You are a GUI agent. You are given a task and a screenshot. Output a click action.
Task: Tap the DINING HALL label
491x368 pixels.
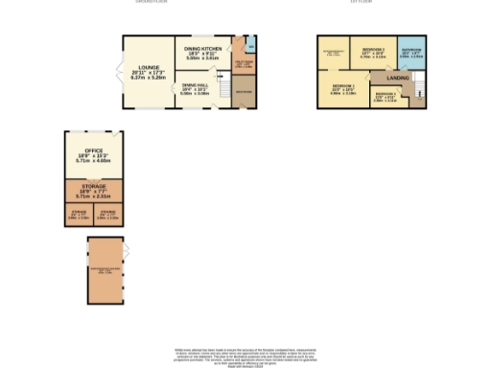[x=196, y=85]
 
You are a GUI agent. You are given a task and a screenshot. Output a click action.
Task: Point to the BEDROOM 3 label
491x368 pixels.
[x=385, y=93]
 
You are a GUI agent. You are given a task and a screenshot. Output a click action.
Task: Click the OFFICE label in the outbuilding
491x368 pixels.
[x=94, y=150]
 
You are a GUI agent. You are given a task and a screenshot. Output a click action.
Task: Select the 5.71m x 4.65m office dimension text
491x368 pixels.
[x=94, y=162]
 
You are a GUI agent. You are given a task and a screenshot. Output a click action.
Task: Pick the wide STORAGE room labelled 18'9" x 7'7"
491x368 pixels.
[x=94, y=189]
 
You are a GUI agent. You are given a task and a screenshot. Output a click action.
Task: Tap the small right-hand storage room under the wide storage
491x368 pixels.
[x=108, y=214]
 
